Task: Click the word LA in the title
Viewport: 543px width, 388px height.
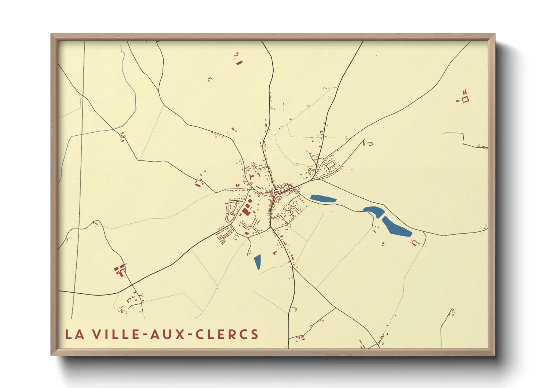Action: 74,334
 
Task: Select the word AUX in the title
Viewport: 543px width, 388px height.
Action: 168,334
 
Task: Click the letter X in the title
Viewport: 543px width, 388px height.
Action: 180,334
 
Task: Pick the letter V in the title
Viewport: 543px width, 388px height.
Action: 96,334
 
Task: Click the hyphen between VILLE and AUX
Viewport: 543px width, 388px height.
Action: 146,335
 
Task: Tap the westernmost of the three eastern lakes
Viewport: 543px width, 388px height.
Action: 323,199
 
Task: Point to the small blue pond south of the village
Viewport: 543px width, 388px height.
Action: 258,262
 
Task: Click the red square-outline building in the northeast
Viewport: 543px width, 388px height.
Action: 465,99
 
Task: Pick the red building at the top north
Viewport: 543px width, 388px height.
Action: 239,62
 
